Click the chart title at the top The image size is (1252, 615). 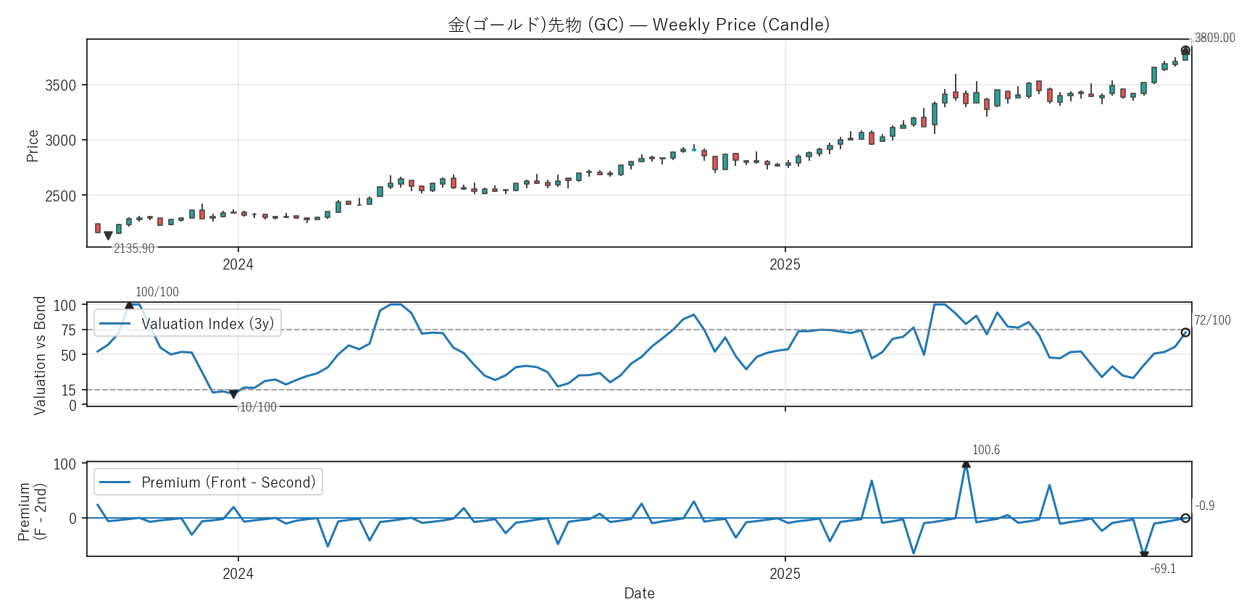tap(638, 25)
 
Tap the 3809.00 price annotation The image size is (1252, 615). tap(1214, 38)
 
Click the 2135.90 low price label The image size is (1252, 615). tap(134, 248)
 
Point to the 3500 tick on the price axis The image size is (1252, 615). tap(60, 85)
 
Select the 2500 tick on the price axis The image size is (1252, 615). tap(60, 196)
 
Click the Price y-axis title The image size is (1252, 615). tap(33, 146)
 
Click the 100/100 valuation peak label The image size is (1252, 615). tap(157, 292)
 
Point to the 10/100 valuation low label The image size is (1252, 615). tap(258, 407)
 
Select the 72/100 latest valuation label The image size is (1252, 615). tap(1212, 320)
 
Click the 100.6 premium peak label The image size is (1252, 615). tap(985, 450)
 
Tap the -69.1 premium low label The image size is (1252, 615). tap(1163, 569)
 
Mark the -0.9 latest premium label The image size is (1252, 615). tap(1205, 506)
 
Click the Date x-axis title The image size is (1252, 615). tap(639, 593)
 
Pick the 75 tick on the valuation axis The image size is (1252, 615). tap(68, 330)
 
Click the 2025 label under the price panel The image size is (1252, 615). tap(785, 264)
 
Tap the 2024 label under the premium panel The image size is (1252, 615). tap(238, 574)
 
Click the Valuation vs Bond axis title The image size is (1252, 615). tap(40, 355)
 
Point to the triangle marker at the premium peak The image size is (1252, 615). tap(966, 464)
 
